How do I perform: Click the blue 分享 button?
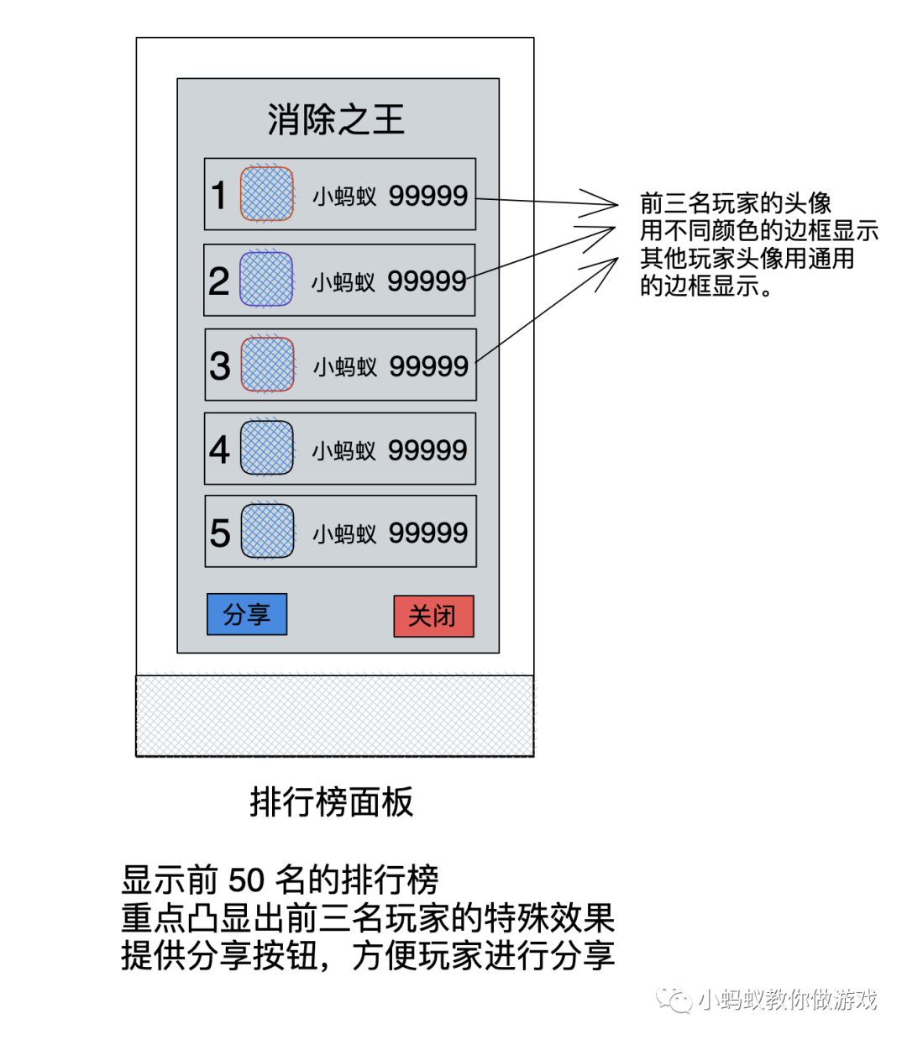point(247,614)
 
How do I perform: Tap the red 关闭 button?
point(433,616)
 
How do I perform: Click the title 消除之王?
point(336,120)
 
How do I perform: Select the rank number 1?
point(219,196)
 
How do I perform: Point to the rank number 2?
point(219,281)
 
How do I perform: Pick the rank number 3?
point(220,365)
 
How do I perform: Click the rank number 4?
point(220,449)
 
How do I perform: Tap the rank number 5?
point(220,533)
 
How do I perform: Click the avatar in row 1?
point(267,194)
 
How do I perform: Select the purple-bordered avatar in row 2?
point(266,279)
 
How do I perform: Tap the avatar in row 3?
point(267,365)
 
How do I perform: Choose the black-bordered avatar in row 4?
point(267,448)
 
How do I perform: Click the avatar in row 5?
point(267,531)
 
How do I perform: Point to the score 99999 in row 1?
point(428,196)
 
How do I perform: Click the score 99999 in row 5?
point(428,533)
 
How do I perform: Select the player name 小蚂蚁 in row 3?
point(345,366)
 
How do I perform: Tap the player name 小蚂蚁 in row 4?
point(344,451)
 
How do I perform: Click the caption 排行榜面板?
point(332,802)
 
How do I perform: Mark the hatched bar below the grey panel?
point(334,715)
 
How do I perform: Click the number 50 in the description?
point(247,880)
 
